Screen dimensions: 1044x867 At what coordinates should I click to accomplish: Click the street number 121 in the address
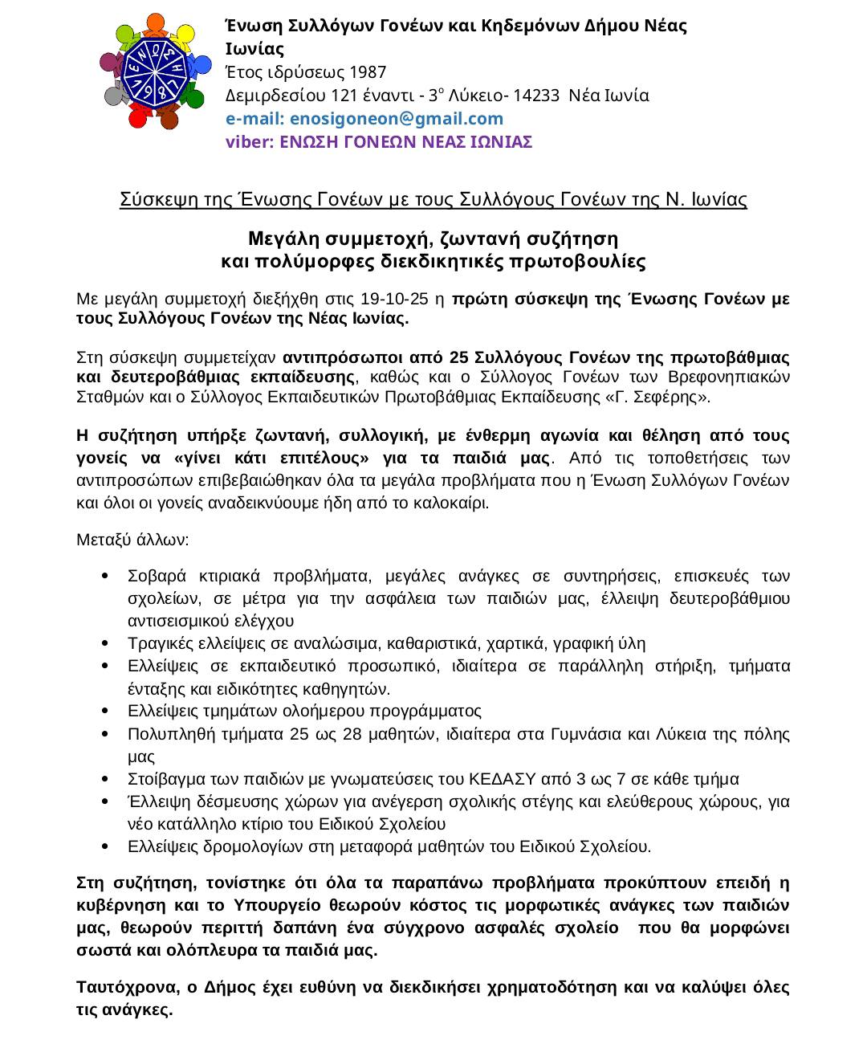(344, 96)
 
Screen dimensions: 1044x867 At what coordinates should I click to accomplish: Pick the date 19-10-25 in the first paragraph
(394, 300)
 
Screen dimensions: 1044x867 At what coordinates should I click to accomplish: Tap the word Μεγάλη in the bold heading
(285, 239)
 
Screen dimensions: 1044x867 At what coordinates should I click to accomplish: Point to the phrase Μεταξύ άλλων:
(132, 539)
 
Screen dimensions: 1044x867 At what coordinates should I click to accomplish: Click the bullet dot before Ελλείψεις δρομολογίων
(107, 846)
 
